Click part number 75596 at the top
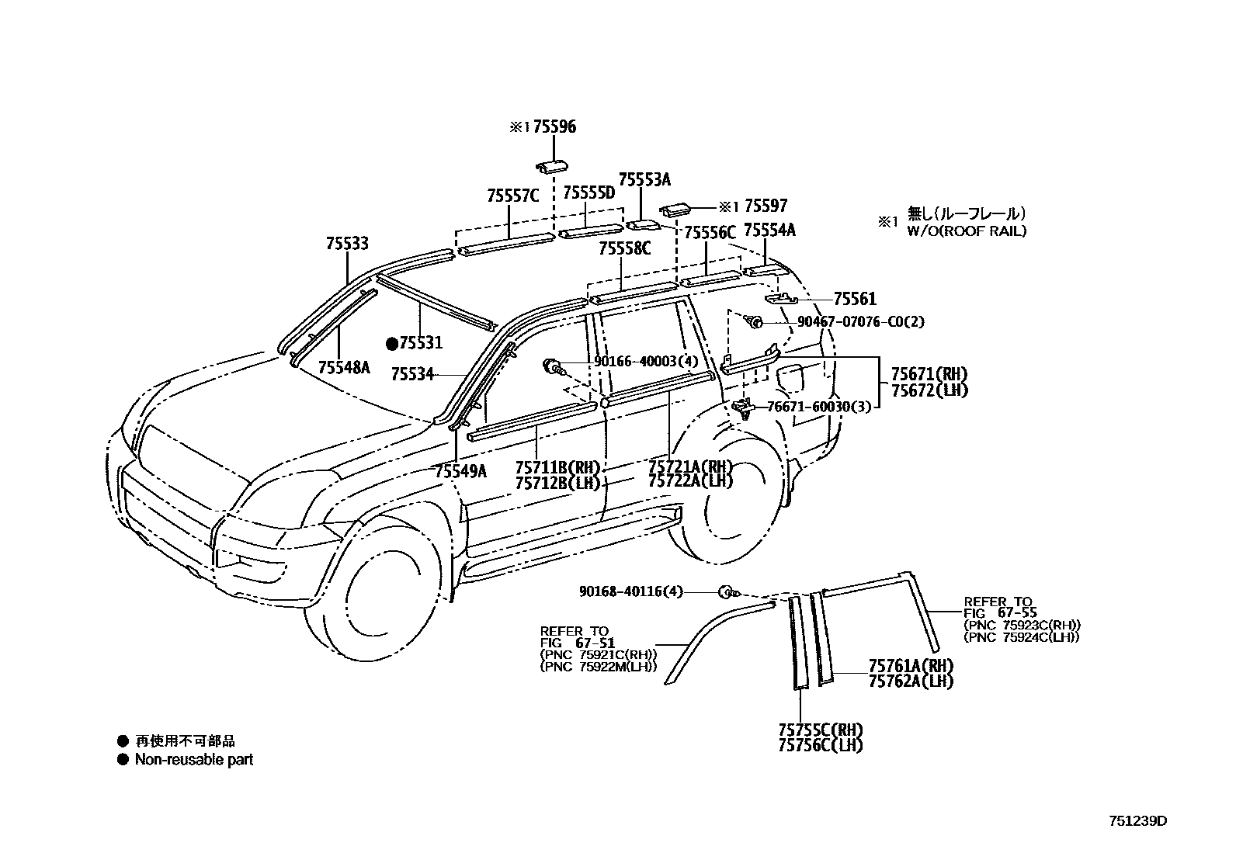pyautogui.click(x=554, y=127)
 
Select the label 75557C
pyautogui.click(x=512, y=196)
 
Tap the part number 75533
pyautogui.click(x=347, y=244)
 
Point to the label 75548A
pyautogui.click(x=344, y=367)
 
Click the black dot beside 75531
pyautogui.click(x=392, y=342)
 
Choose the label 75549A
pyautogui.click(x=460, y=470)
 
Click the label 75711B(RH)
pyautogui.click(x=558, y=467)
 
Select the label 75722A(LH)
pyautogui.click(x=690, y=481)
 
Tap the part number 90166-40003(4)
pyautogui.click(x=646, y=361)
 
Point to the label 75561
pyautogui.click(x=854, y=299)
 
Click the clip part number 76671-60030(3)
pyautogui.click(x=818, y=406)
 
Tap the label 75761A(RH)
pyautogui.click(x=910, y=666)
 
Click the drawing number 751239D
pyautogui.click(x=1137, y=820)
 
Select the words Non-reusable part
pyautogui.click(x=194, y=760)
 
